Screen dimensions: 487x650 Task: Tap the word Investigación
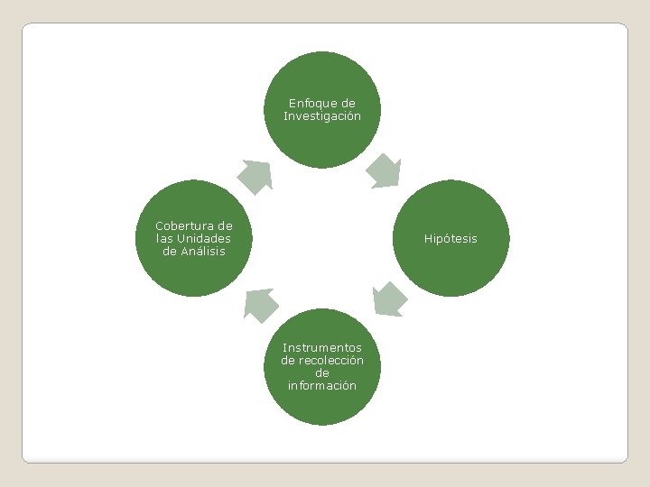pyautogui.click(x=322, y=115)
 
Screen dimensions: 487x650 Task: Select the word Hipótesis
pyautogui.click(x=451, y=239)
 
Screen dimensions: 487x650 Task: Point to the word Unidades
pyautogui.click(x=204, y=238)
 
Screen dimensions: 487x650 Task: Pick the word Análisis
pyautogui.click(x=202, y=251)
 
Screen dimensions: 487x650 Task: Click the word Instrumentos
pyautogui.click(x=322, y=347)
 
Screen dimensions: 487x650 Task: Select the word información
pyautogui.click(x=322, y=385)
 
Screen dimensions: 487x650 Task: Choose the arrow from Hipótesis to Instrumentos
pyautogui.click(x=389, y=299)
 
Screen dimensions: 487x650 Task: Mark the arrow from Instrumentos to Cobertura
pyautogui.click(x=261, y=305)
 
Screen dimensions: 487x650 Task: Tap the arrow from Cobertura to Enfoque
pyautogui.click(x=255, y=175)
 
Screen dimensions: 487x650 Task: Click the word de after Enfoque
pyautogui.click(x=348, y=103)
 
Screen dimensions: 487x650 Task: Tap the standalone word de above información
pyautogui.click(x=322, y=372)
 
